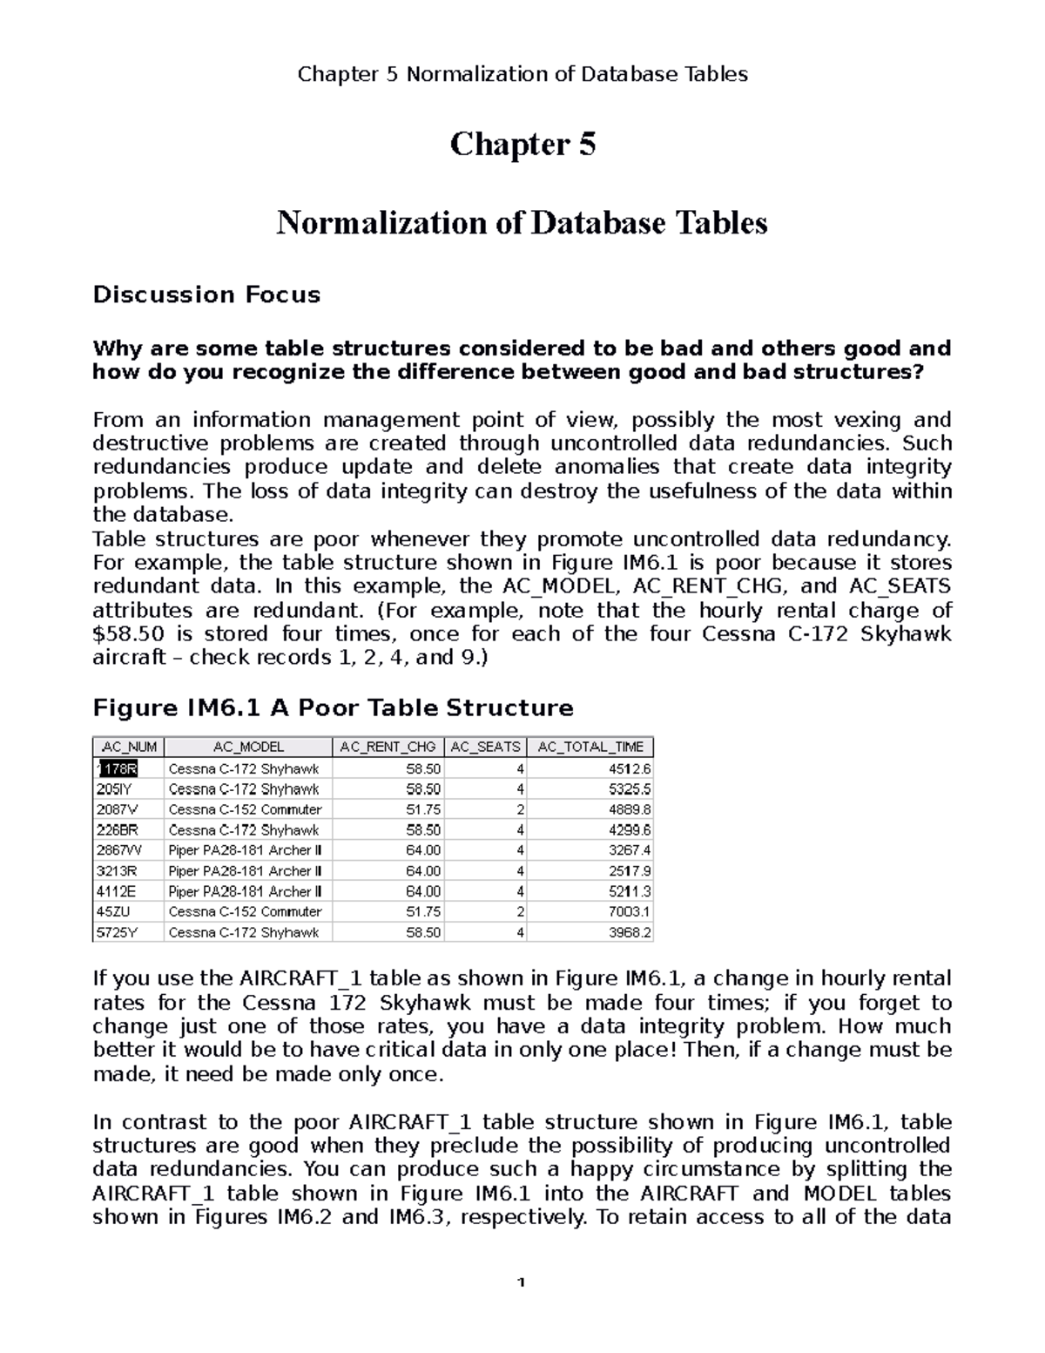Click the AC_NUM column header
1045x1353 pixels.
click(129, 747)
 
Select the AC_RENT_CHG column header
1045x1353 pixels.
click(388, 747)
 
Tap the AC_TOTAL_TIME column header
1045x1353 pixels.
click(590, 747)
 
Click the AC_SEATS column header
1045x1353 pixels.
click(485, 747)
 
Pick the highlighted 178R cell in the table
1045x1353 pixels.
click(118, 769)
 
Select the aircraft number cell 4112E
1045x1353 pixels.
click(116, 891)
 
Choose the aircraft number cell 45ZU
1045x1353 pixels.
click(113, 912)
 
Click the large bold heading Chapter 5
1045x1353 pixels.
click(522, 145)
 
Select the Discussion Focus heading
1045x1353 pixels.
click(206, 295)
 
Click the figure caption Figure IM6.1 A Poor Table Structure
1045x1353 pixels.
click(333, 707)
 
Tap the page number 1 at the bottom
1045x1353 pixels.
click(522, 1282)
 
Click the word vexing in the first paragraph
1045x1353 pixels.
click(858, 420)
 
